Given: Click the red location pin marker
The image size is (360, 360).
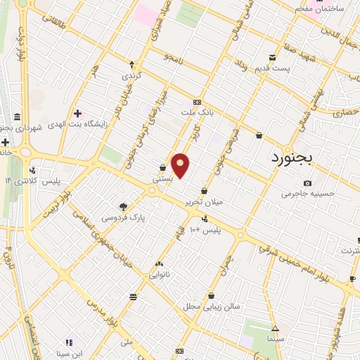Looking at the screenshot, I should pyautogui.click(x=181, y=165).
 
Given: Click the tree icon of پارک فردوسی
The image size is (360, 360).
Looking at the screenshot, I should pyautogui.click(x=123, y=207).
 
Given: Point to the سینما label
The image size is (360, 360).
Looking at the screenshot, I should pyautogui.click(x=275, y=338).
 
